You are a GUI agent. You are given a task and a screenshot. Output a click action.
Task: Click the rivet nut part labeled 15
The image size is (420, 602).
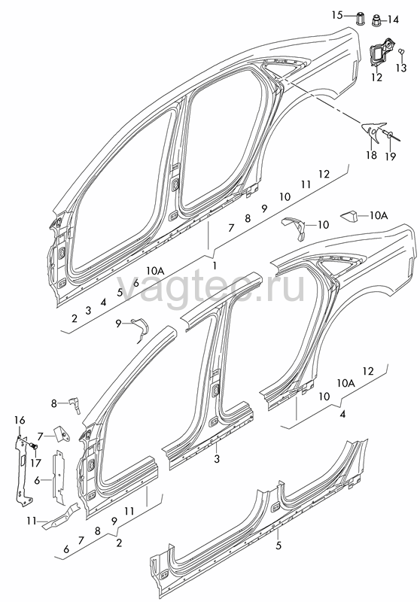pyautogui.click(x=361, y=18)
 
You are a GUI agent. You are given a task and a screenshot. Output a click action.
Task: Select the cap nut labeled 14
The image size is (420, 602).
pyautogui.click(x=376, y=20)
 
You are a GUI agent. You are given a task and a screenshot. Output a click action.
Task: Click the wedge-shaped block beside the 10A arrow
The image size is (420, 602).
pyautogui.click(x=349, y=217)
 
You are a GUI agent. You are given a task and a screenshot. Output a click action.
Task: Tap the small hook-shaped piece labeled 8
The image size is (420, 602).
pyautogui.click(x=75, y=405)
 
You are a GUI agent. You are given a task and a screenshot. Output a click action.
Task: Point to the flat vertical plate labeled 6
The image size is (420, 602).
pyautogui.click(x=59, y=477)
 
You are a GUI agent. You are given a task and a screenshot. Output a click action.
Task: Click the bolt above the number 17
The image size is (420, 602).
pyautogui.click(x=33, y=446)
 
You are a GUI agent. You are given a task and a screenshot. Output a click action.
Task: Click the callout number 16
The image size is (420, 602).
pyautogui.click(x=20, y=421)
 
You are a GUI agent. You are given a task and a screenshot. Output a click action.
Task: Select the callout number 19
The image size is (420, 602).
pyautogui.click(x=391, y=156)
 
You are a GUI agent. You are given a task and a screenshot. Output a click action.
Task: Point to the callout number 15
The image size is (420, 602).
pyautogui.click(x=336, y=15)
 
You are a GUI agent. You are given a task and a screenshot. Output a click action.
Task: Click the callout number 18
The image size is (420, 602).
pyautogui.click(x=371, y=156)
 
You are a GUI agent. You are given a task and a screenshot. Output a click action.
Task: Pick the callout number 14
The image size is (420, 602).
pyautogui.click(x=393, y=20)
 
